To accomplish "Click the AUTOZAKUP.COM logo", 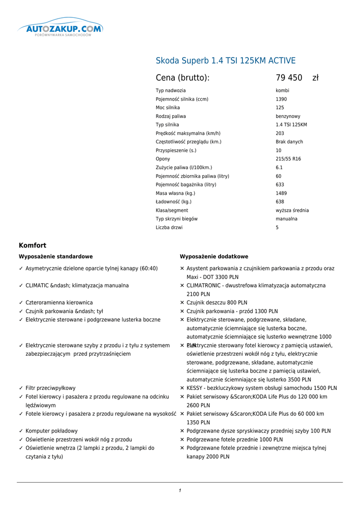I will [61, 29].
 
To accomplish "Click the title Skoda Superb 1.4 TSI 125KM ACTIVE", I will [225, 61].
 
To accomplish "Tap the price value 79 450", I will [289, 78].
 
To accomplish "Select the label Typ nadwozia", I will [171, 91].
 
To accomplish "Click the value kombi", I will [283, 91].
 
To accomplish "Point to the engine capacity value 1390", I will [281, 99].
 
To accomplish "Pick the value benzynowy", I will [288, 116].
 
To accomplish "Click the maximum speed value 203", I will [280, 133].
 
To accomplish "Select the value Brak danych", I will [289, 142].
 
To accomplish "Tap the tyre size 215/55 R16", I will [288, 159].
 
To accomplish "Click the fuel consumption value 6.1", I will [279, 168].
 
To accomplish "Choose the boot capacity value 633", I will [280, 185].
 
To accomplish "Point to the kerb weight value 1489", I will [281, 193].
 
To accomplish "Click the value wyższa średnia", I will [292, 210].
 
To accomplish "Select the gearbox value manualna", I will [287, 219].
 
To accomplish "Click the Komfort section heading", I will [33, 246].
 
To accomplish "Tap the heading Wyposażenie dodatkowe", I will [214, 256].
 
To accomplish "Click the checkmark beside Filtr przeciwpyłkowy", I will [21, 388].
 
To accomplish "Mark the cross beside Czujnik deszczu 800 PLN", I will [182, 303].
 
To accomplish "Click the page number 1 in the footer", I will [180, 491].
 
